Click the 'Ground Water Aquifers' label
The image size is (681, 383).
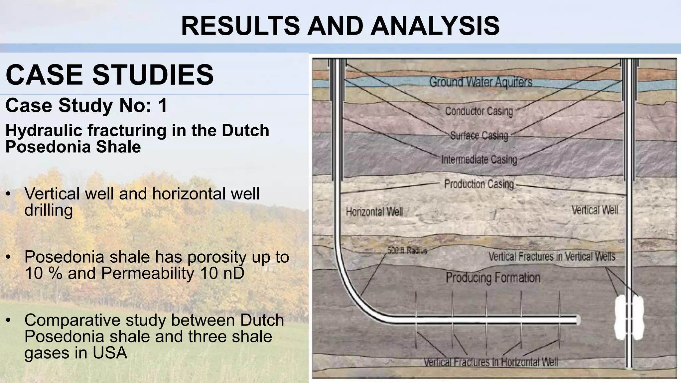coord(480,82)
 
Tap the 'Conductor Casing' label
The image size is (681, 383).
coord(479,111)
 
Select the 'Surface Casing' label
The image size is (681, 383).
coord(479,136)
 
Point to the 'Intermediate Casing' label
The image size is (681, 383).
coord(479,160)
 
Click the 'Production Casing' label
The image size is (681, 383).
coord(479,184)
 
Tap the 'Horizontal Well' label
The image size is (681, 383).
coord(374,212)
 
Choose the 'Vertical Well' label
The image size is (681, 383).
coord(595,210)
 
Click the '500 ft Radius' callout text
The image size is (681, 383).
coord(407,250)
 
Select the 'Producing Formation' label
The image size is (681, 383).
coord(493,278)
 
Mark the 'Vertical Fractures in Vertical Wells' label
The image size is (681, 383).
coord(552,257)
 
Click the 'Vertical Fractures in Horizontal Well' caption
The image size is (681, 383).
coord(490,362)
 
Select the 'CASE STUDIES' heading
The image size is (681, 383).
coord(110,75)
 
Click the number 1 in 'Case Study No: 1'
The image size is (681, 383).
coord(163,106)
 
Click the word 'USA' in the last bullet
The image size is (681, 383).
coord(110,353)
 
